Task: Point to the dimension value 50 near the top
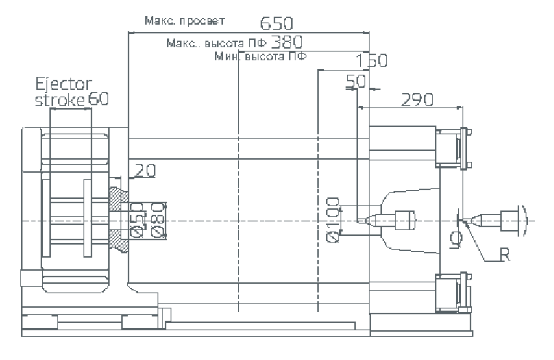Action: tap(355, 81)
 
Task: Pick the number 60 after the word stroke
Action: tap(99, 99)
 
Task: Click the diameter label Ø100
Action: tap(333, 220)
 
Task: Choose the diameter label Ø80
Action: tap(158, 220)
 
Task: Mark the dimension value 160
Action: tap(372, 60)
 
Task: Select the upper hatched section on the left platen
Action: tap(117, 197)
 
